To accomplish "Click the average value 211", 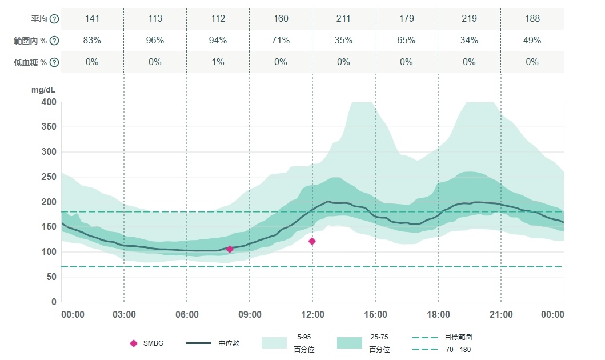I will tap(343, 19).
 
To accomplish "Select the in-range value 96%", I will tap(155, 41).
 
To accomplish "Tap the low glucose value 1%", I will tap(218, 62).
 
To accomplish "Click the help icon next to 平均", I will tap(54, 19).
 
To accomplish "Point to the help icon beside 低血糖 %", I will tap(54, 62).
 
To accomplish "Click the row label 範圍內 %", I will tap(35, 41).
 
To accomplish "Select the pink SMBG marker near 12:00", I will tap(312, 241).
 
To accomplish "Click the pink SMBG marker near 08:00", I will tap(230, 249).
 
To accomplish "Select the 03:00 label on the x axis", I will tap(124, 315).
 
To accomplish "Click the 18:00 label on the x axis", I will tap(438, 315).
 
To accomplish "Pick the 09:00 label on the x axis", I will tap(250, 315).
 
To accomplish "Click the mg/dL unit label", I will tap(44, 90).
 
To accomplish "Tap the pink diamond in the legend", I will tap(134, 343).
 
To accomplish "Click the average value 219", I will tap(469, 19).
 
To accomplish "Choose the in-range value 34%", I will tap(469, 41).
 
